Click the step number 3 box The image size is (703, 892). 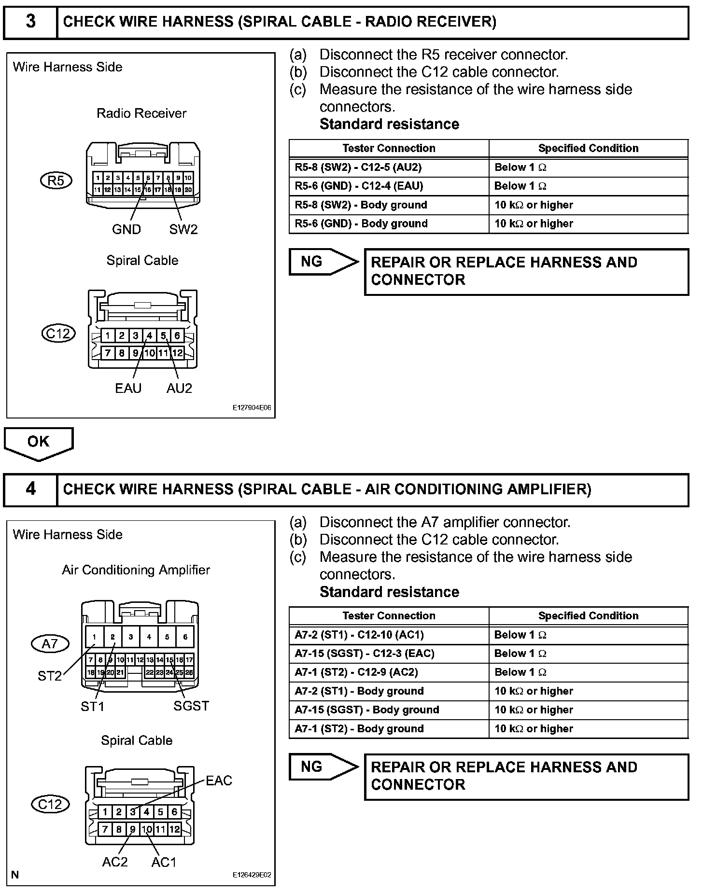tap(30, 22)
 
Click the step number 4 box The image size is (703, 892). tap(30, 489)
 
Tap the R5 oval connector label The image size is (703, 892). tap(56, 181)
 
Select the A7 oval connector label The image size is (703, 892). tap(50, 643)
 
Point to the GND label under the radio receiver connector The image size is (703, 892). tap(126, 229)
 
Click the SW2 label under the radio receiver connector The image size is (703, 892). tap(183, 229)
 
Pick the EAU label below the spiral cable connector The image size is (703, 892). tap(128, 388)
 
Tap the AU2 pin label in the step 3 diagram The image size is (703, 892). tap(179, 388)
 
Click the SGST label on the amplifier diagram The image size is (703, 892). tap(191, 706)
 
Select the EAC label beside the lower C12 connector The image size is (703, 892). tap(219, 780)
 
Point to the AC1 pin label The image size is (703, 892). tap(164, 862)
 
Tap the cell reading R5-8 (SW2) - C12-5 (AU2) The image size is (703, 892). tap(358, 167)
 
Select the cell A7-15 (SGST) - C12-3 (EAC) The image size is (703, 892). tap(365, 654)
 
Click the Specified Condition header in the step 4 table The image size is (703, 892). tap(588, 616)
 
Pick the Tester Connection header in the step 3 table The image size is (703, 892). tap(389, 148)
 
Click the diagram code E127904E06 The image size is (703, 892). tap(252, 408)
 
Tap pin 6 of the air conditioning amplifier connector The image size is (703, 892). tap(185, 637)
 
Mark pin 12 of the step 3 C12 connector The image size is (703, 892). tap(178, 353)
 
